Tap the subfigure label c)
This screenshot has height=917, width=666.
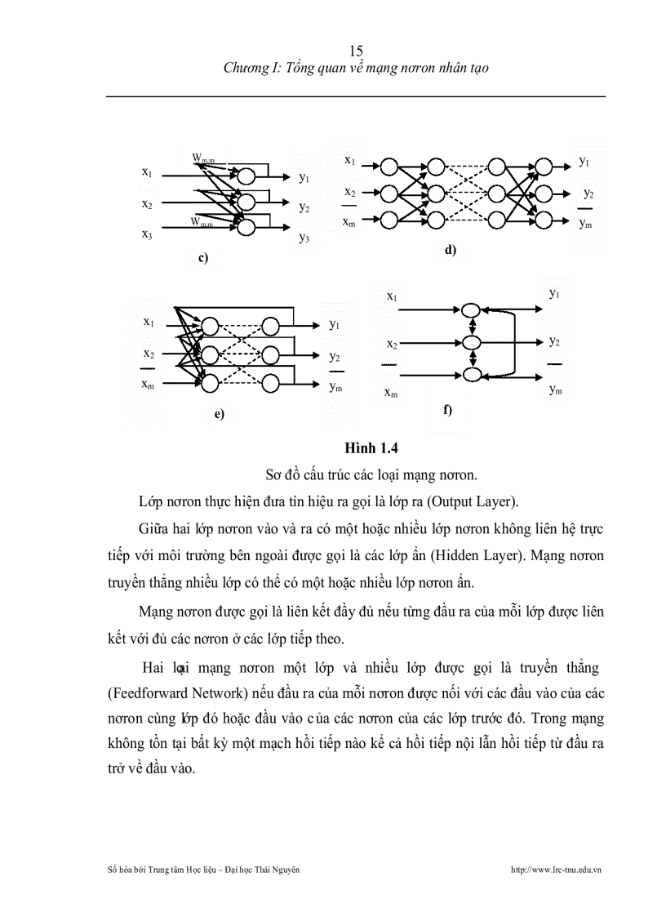click(x=203, y=258)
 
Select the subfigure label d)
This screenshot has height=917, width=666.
click(x=450, y=250)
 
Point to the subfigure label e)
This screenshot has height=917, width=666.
click(x=219, y=414)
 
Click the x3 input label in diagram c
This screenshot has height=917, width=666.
click(x=147, y=234)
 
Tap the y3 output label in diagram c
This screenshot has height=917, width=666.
click(x=304, y=238)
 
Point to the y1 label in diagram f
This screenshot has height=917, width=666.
click(x=555, y=292)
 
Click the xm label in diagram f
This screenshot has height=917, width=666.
click(x=392, y=394)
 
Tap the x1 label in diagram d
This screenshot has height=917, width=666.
click(x=349, y=160)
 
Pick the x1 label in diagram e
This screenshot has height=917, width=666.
click(x=149, y=322)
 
